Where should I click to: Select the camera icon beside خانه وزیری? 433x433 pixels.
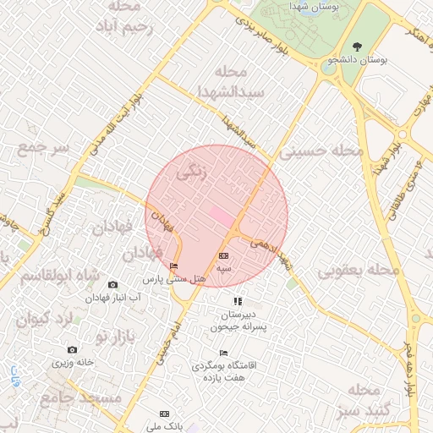[x=72, y=350]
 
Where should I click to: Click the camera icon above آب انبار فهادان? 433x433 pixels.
[x=113, y=284]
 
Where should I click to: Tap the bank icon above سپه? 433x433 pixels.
[x=223, y=255]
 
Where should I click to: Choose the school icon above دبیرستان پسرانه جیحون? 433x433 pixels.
[x=238, y=300]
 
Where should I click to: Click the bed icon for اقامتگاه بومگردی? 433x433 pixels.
[x=223, y=353]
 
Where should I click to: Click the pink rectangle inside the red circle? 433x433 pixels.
[x=222, y=216]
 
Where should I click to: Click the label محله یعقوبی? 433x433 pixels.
[x=358, y=271]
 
